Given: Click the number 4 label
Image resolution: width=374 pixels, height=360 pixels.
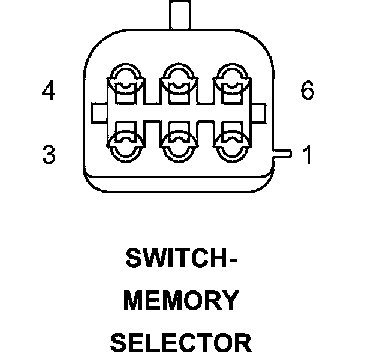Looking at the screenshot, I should point(49,92).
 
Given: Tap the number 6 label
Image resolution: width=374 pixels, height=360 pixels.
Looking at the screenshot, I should point(307,92).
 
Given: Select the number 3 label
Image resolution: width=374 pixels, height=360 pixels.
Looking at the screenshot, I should point(49,155).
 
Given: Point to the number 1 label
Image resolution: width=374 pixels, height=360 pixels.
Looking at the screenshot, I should point(307,155).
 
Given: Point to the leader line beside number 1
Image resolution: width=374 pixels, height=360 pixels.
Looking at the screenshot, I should point(283,155).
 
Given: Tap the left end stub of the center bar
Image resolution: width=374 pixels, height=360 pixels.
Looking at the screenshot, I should point(98,112).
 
